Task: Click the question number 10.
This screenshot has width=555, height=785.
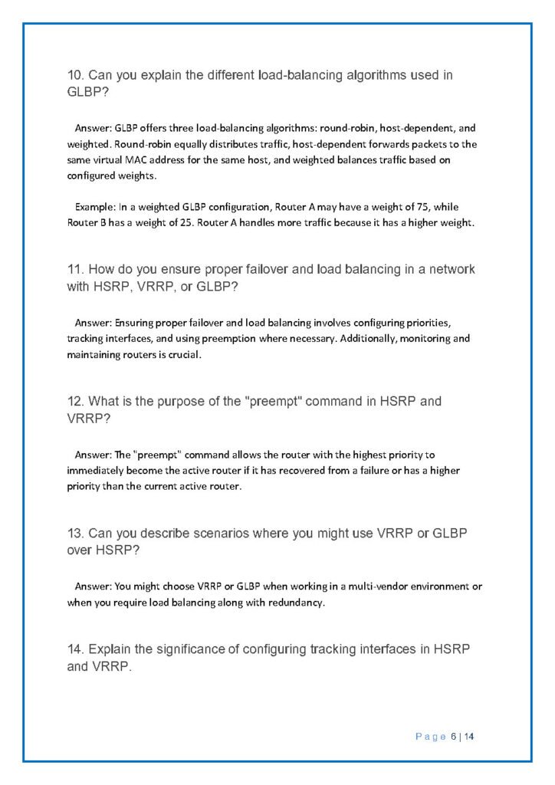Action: (75, 75)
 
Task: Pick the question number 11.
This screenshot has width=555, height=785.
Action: (75, 270)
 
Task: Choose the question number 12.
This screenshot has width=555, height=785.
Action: (75, 401)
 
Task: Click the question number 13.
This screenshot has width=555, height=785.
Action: (75, 533)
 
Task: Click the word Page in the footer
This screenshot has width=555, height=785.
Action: (430, 737)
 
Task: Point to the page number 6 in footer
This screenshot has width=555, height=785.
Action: (453, 737)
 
